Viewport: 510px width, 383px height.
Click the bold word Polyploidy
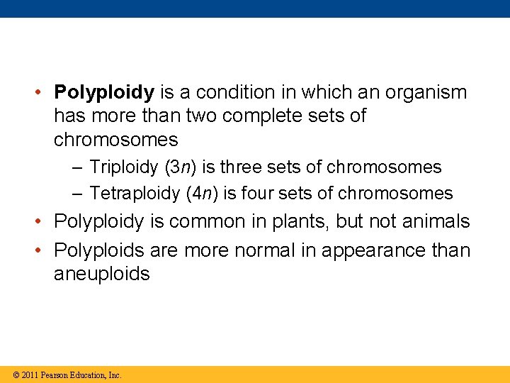pyautogui.click(x=104, y=93)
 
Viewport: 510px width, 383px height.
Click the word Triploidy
pyautogui.click(x=124, y=167)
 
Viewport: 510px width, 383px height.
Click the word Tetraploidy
pyautogui.click(x=135, y=193)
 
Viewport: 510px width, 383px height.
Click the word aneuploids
pyautogui.click(x=102, y=274)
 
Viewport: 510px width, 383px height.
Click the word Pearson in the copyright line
pyautogui.click(x=54, y=374)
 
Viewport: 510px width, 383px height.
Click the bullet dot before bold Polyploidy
pyautogui.click(x=42, y=93)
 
